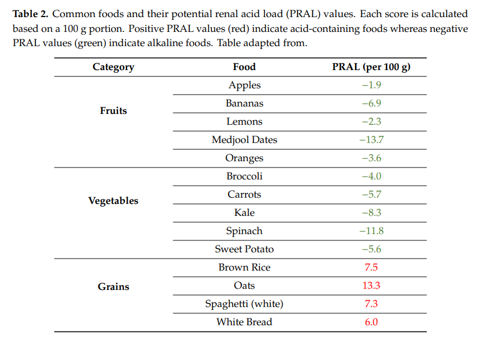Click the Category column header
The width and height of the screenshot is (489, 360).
pos(113,67)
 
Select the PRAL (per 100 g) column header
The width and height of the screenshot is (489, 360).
pos(371,67)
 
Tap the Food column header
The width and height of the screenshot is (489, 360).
pos(244,67)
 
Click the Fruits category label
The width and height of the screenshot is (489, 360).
pos(113,111)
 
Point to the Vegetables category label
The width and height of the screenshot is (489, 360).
pos(113,201)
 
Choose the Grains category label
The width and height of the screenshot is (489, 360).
pos(113,287)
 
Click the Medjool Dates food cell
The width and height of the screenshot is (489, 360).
pos(244,140)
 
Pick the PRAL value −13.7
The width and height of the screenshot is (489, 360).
pos(371,140)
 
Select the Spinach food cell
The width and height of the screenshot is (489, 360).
pos(244,231)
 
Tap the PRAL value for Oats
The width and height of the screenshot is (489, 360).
pos(371,285)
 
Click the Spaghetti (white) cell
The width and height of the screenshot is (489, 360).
pos(244,304)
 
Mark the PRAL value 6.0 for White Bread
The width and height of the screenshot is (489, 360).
pos(371,322)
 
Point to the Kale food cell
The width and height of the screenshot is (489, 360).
pos(244,212)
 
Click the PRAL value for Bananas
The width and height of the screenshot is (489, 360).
pos(371,103)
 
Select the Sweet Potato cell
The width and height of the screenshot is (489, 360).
pos(244,249)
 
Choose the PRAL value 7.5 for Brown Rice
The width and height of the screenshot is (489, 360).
pos(371,267)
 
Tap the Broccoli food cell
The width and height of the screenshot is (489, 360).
pos(244,176)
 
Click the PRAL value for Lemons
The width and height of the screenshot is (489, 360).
pos(371,121)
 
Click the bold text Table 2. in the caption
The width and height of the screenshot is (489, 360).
pos(30,14)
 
